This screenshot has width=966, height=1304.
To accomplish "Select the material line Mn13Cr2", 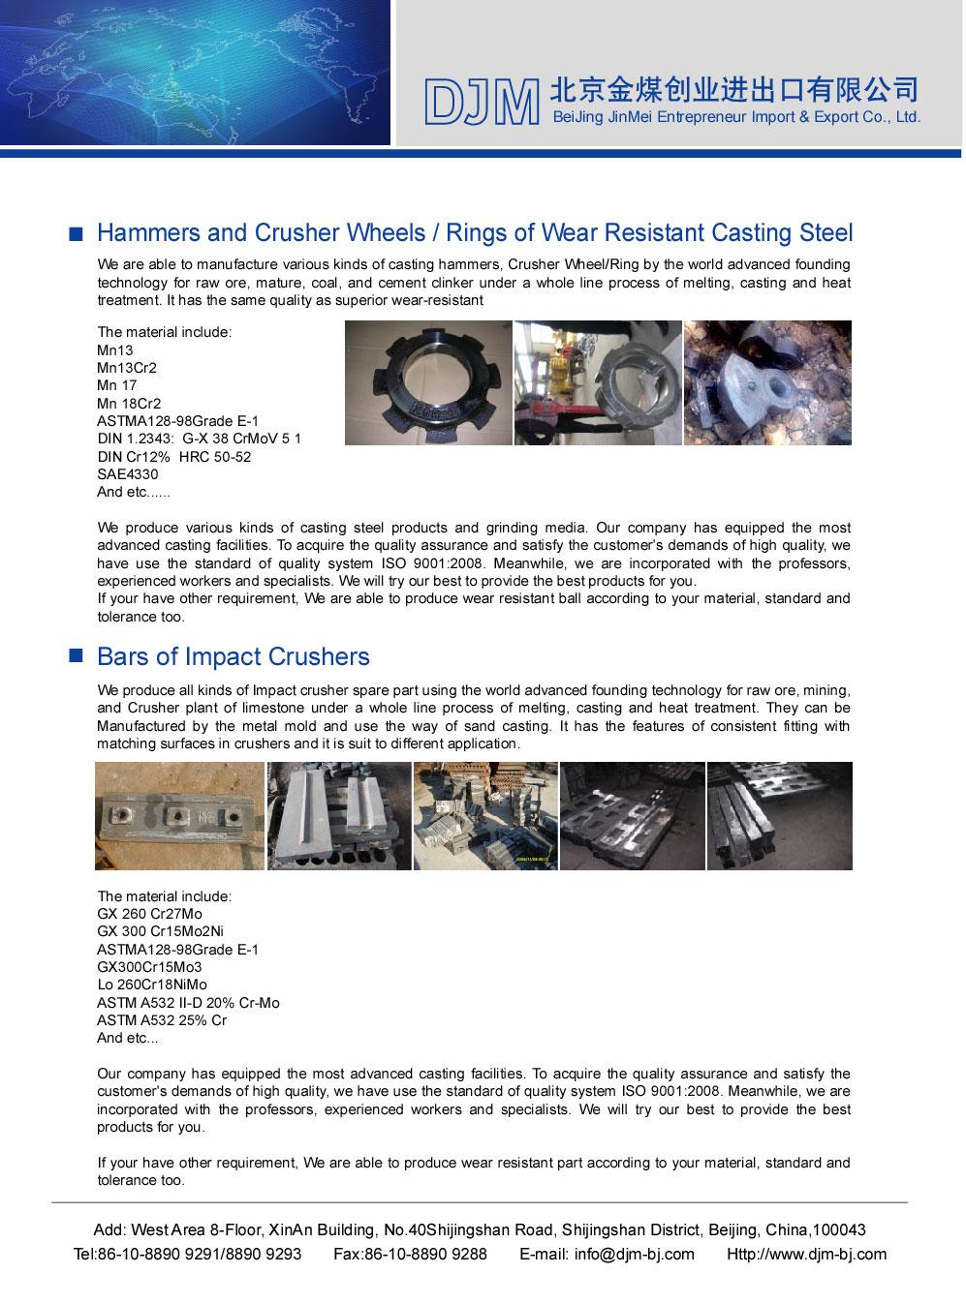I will click(x=127, y=368).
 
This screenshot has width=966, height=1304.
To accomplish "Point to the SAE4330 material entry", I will click(x=127, y=474).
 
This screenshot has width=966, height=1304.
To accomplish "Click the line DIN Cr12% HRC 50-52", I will click(x=173, y=457).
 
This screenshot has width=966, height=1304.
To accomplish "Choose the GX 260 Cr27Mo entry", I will click(x=149, y=914).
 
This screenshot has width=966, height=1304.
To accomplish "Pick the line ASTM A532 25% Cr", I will click(x=161, y=1020).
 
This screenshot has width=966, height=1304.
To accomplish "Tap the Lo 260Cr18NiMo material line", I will click(x=151, y=985).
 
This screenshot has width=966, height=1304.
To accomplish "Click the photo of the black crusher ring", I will click(x=428, y=383).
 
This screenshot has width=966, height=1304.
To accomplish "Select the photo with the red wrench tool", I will click(x=598, y=383).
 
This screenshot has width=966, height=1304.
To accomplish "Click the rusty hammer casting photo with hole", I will click(x=767, y=383).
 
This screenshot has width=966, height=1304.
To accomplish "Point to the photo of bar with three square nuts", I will click(x=179, y=816).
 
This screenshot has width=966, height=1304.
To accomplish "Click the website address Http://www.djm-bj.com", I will click(x=806, y=1255).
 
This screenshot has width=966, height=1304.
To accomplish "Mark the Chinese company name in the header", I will click(x=733, y=90).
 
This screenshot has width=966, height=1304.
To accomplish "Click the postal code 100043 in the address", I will click(x=839, y=1230).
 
